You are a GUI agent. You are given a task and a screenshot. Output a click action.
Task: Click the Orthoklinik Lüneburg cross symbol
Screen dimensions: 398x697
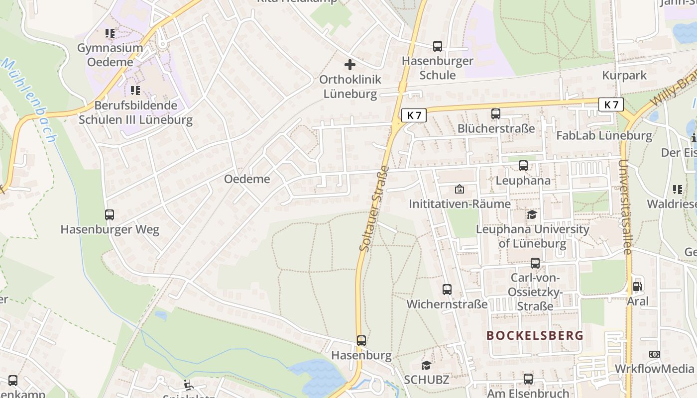pos(350,65)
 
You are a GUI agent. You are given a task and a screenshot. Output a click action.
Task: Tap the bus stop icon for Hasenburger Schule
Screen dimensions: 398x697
pos(438,46)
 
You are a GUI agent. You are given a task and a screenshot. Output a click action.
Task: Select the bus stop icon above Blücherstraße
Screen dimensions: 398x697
pos(496,113)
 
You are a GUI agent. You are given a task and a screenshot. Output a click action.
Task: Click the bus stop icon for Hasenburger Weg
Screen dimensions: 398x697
pos(110,215)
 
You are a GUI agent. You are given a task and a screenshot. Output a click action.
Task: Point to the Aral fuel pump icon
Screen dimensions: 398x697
pos(637,287)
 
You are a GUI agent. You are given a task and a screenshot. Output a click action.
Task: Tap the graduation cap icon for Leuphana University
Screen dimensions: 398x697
pos(532,214)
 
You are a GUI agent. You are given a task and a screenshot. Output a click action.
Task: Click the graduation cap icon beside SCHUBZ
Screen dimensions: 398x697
pos(427,365)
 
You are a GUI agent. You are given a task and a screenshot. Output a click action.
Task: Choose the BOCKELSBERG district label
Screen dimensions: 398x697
pos(535,335)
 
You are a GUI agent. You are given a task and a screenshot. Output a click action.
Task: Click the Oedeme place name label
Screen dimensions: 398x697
pos(247,179)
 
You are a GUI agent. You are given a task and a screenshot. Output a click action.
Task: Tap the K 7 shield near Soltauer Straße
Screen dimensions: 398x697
pos(414,115)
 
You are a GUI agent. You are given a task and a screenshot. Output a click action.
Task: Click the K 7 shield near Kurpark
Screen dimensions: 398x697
pos(611,104)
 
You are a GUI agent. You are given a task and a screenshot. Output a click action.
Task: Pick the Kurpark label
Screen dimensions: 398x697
pos(624,76)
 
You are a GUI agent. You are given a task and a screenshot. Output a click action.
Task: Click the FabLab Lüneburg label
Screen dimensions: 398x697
pos(604,135)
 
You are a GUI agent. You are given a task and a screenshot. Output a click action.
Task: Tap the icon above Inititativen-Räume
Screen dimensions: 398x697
pos(459,189)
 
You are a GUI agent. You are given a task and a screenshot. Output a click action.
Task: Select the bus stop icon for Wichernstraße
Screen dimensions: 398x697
pos(447,289)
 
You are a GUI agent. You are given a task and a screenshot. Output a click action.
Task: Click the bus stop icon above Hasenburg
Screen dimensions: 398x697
pos(361,341)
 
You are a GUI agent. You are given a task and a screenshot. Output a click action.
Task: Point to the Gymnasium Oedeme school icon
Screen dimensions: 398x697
pos(110,34)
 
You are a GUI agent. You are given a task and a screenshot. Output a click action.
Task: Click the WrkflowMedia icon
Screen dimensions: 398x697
pos(655,354)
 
